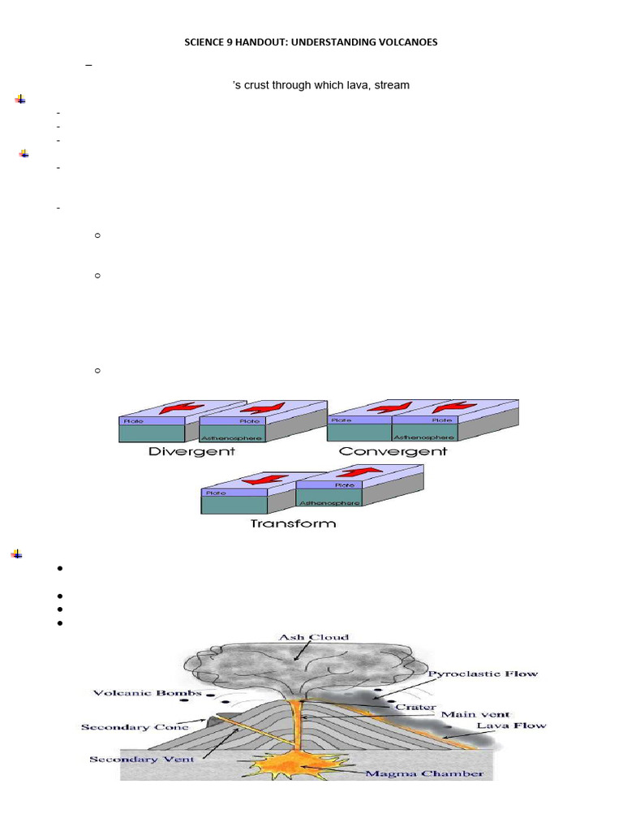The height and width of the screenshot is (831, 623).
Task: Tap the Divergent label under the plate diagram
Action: point(192,451)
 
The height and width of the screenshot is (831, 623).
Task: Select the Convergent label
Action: point(393,451)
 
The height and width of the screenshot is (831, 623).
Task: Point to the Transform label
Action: point(293,523)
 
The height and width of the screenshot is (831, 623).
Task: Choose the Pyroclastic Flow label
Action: point(482,674)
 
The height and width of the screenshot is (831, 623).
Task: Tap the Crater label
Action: point(415,708)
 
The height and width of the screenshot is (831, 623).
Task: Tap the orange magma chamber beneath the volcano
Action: point(302,764)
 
